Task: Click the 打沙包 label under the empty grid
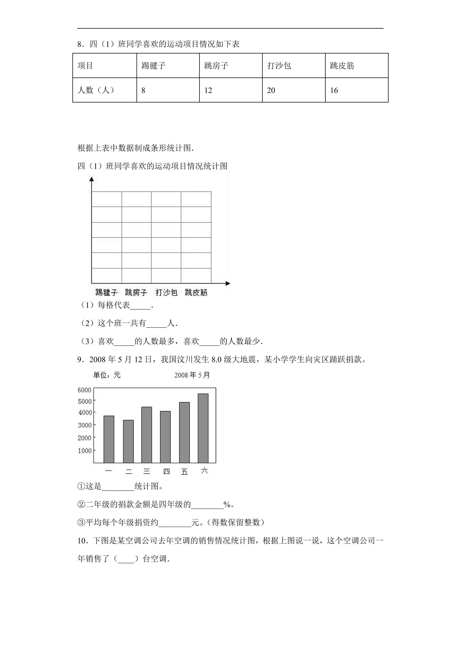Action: [x=166, y=292]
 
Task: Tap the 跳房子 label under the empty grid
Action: [x=136, y=292]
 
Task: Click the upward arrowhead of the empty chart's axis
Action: [x=91, y=179]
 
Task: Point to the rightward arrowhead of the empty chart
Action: [x=228, y=283]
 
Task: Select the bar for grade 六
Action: [x=203, y=428]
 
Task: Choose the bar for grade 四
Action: [x=165, y=437]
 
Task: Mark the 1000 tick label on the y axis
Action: [x=85, y=451]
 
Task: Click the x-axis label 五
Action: [x=184, y=472]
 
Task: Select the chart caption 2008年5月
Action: [x=192, y=375]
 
